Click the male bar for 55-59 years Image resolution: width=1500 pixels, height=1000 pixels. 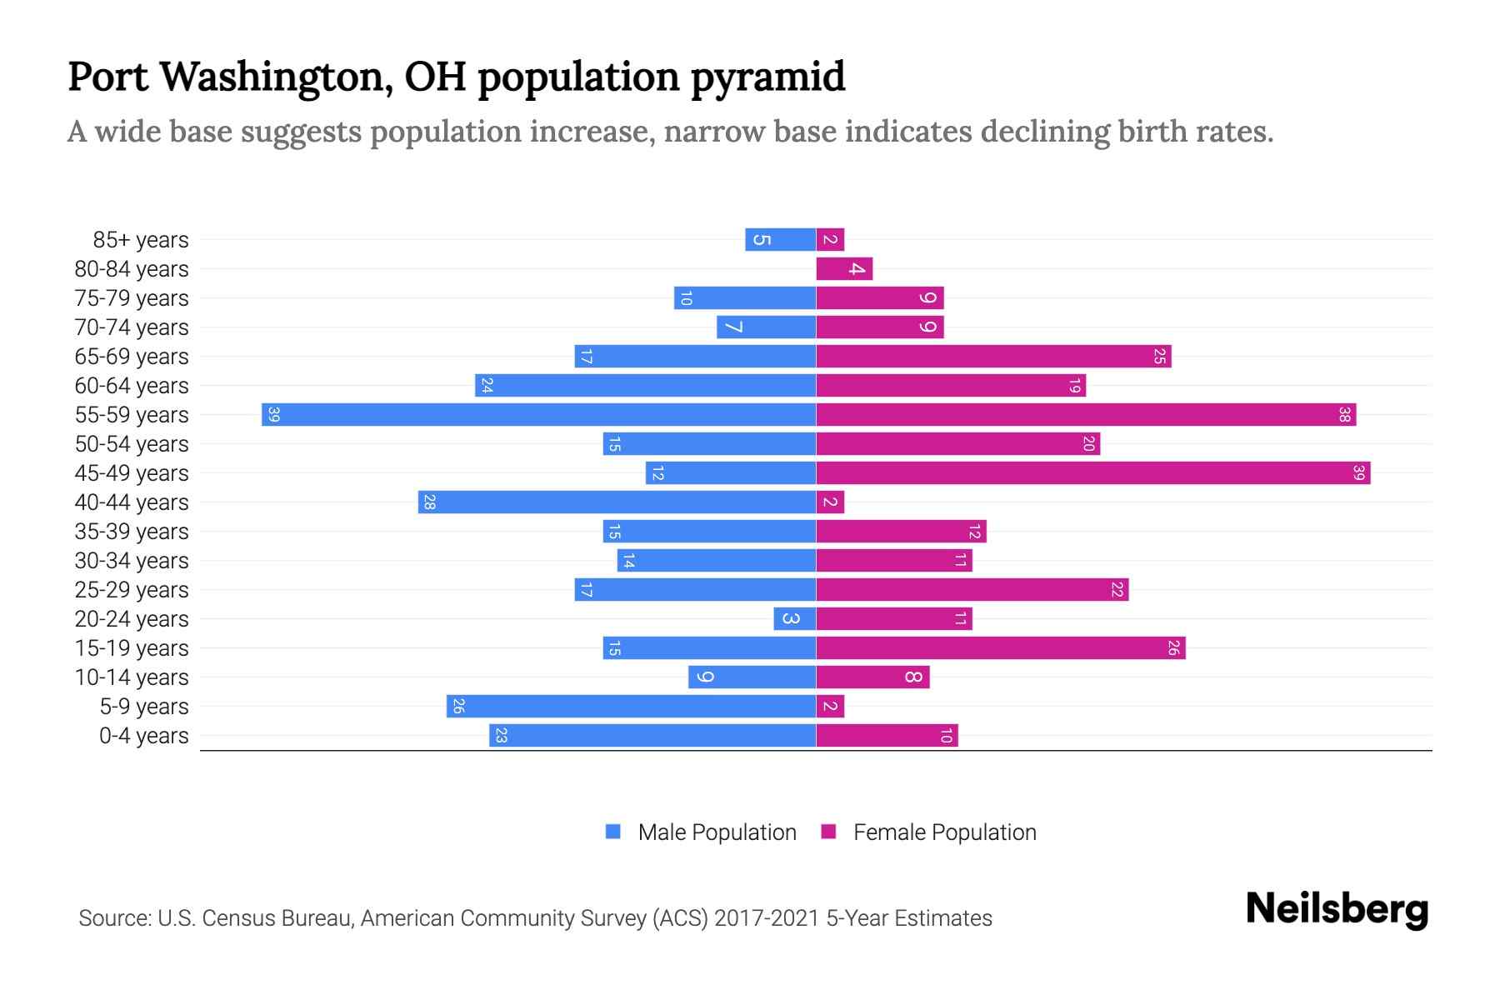538,414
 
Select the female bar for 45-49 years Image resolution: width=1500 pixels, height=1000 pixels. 1092,472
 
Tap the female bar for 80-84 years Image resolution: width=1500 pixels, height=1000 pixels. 844,268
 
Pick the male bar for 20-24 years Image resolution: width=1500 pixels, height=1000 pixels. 794,618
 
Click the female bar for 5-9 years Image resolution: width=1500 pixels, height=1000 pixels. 830,706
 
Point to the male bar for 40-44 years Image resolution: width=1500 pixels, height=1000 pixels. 617,502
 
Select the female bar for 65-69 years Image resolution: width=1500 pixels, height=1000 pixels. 993,356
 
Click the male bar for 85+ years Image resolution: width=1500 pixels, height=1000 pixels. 780,239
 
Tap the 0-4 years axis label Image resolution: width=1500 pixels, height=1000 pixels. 143,736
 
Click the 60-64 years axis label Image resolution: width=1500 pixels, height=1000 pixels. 132,386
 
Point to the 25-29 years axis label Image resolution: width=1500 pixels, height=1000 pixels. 132,590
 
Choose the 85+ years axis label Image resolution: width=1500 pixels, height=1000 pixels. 141,240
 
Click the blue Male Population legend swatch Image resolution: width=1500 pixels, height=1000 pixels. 613,832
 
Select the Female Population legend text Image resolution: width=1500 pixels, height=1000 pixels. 944,832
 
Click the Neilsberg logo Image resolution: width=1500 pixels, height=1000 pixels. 1337,909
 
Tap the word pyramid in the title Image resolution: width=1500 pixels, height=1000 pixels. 767,77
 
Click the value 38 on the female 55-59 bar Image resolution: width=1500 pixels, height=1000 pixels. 1343,414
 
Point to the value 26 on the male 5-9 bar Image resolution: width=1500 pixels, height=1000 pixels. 458,706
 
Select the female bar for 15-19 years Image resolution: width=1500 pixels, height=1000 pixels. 1000,647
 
